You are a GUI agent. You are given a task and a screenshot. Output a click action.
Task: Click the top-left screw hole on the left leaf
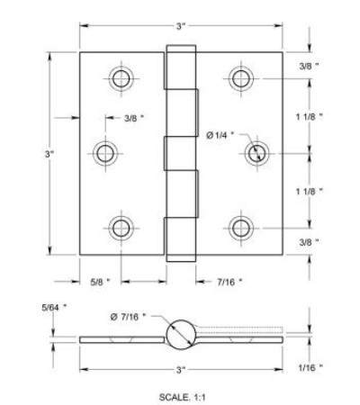[121, 78]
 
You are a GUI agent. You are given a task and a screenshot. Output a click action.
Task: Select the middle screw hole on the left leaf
[105, 153]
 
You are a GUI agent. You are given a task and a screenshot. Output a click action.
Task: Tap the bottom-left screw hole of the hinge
[121, 228]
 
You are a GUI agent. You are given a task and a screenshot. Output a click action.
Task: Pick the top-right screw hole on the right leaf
[241, 78]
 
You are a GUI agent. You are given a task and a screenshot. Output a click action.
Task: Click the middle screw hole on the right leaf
[256, 153]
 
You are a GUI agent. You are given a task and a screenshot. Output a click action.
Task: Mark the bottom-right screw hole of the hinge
[241, 228]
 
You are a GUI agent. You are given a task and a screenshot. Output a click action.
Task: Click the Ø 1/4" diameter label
[220, 136]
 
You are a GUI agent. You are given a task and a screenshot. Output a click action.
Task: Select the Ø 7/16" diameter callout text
[128, 317]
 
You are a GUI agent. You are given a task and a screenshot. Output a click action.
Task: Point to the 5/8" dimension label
[101, 282]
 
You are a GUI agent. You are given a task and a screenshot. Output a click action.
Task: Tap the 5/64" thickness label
[54, 307]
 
